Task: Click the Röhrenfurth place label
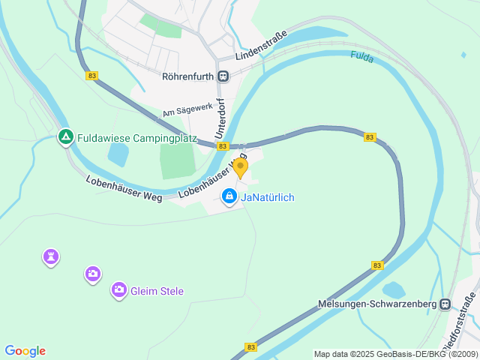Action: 188,76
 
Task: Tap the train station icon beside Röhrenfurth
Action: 223,76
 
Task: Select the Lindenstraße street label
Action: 262,52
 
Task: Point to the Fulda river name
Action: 362,56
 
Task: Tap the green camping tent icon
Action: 65,137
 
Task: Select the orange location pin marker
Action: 240,167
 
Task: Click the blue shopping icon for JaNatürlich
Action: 229,196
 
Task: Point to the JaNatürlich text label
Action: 268,197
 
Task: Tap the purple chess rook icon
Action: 50,257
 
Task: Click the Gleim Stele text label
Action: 157,291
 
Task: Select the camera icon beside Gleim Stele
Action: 118,289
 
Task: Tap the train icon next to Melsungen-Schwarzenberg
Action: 445,304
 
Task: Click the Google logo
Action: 25,351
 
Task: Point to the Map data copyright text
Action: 395,354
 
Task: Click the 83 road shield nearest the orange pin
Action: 223,146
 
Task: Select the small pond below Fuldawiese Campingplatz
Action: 118,154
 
